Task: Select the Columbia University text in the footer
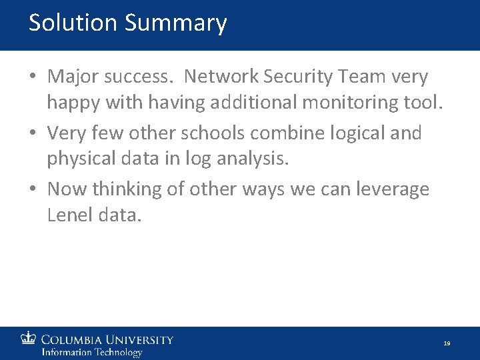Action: pyautogui.click(x=107, y=340)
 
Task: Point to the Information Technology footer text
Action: pyautogui.click(x=92, y=352)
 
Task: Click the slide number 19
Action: pyautogui.click(x=447, y=343)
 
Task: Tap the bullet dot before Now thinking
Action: pyautogui.click(x=33, y=190)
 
